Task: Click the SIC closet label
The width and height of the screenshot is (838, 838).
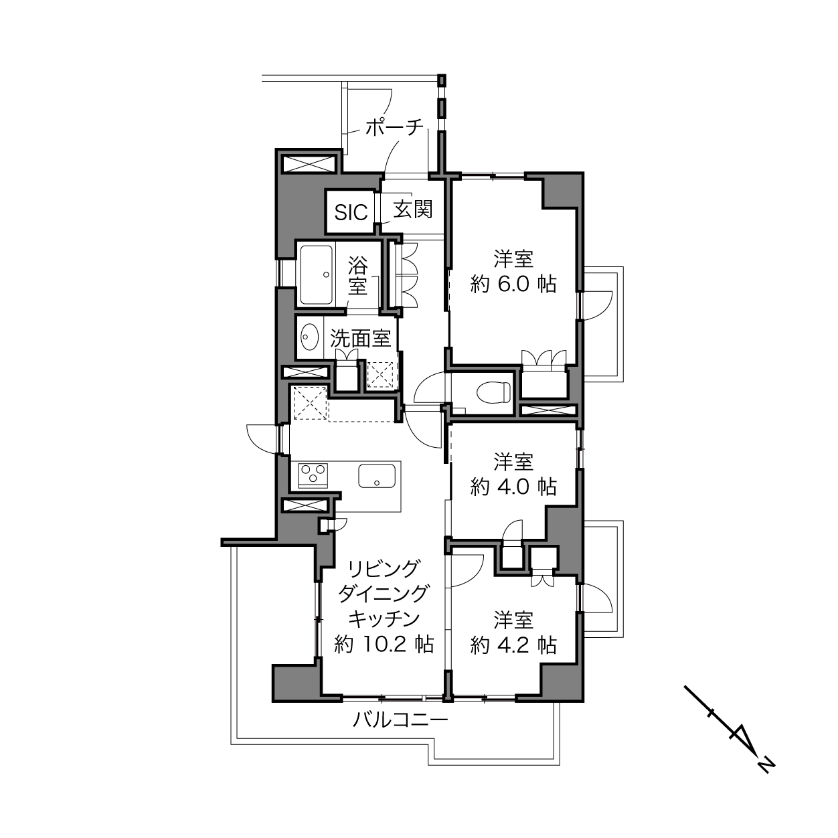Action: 351,212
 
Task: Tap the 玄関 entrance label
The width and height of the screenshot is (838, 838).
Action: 413,209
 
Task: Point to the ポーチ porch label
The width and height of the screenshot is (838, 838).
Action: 394,127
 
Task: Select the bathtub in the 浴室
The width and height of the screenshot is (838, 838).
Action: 317,274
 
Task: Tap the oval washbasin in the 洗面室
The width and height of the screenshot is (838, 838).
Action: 310,337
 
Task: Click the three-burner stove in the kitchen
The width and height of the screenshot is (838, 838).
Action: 313,476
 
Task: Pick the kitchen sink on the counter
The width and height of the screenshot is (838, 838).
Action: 377,475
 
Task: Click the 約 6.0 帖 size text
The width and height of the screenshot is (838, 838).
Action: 513,284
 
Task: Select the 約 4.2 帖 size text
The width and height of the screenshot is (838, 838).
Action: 513,645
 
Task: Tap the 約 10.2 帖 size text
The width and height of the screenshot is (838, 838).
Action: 384,644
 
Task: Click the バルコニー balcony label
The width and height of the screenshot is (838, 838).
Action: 400,720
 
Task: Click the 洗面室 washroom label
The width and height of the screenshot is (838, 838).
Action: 361,338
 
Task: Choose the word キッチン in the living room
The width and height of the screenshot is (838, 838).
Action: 384,618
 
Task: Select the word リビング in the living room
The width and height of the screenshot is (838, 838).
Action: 384,568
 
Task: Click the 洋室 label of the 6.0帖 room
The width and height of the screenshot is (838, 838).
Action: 513,259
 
